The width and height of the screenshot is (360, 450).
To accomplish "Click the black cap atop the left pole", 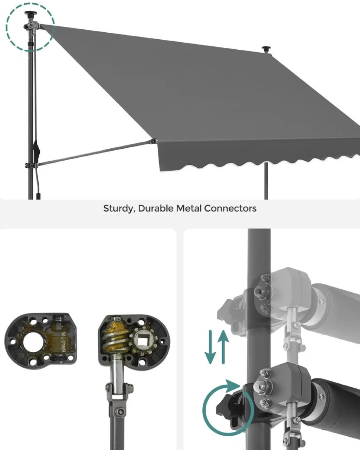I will (x=30, y=14).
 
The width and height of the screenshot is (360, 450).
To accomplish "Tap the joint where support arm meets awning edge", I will (x=153, y=141).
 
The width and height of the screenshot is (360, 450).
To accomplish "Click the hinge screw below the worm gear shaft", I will (x=120, y=412).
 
